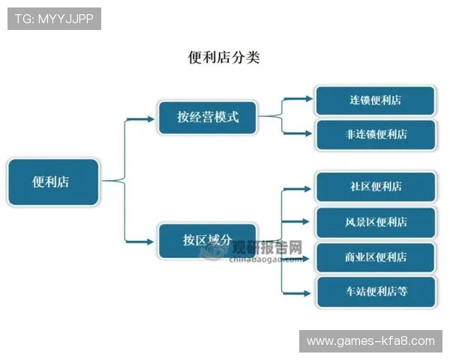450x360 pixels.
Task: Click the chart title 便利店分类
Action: (x=223, y=57)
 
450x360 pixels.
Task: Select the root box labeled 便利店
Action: (x=52, y=181)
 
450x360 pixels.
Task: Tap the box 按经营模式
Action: (x=208, y=117)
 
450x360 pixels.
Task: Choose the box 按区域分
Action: (x=208, y=241)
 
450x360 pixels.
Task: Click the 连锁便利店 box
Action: (x=375, y=100)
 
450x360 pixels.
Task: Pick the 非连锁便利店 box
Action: (x=375, y=135)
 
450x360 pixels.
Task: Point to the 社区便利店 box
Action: (x=375, y=187)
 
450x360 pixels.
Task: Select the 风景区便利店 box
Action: (x=375, y=222)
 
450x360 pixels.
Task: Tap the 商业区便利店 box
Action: (x=375, y=257)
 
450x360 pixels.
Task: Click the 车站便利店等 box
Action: (x=375, y=292)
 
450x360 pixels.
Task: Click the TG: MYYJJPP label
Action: (x=54, y=19)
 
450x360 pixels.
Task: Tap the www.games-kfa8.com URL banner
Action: (x=370, y=341)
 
